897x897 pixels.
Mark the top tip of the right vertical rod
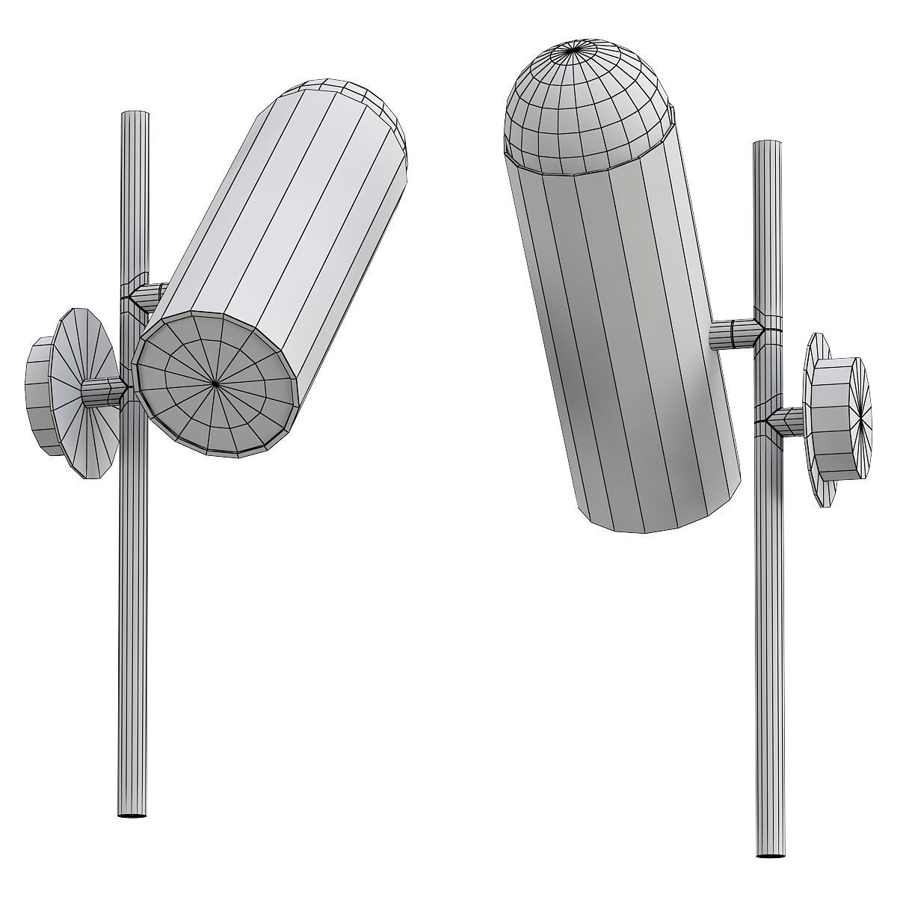[x=766, y=142]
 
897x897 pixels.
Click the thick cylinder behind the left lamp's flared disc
[x=40, y=393]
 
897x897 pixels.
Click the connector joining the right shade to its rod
[x=733, y=334]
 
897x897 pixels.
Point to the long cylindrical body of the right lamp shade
[x=628, y=336]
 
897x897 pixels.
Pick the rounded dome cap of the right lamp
[x=583, y=105]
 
